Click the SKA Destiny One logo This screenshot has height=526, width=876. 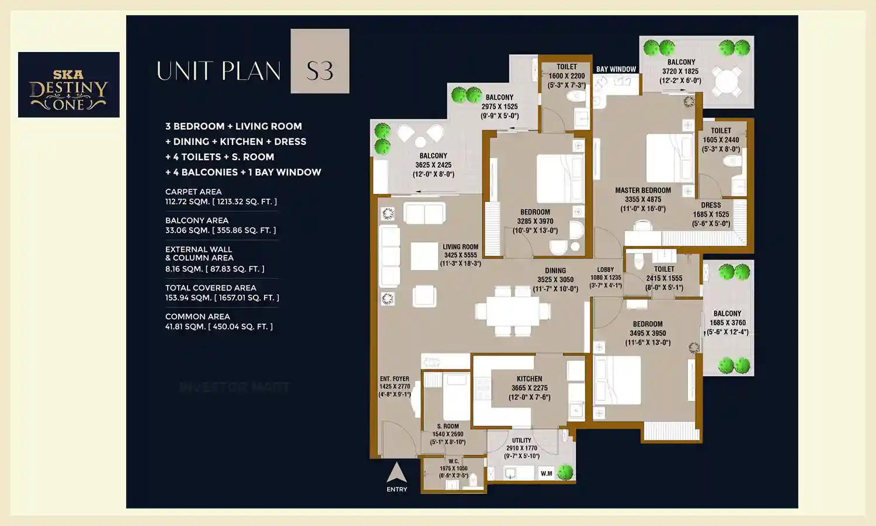[69, 85]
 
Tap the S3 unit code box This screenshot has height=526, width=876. [320, 61]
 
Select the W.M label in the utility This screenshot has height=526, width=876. [547, 473]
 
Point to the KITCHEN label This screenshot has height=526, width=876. [529, 379]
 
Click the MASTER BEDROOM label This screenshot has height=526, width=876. [642, 191]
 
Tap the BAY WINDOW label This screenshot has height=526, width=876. [616, 69]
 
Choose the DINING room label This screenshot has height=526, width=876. [555, 271]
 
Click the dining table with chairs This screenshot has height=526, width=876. [513, 311]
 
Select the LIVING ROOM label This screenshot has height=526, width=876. [460, 247]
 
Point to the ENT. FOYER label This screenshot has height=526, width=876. [394, 379]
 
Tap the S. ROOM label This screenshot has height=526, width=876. [448, 427]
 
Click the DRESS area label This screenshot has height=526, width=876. [711, 205]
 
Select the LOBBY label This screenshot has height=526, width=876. [606, 270]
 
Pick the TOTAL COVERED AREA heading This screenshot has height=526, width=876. [211, 288]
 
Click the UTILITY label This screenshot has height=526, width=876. [522, 441]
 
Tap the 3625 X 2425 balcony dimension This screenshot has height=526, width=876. [433, 165]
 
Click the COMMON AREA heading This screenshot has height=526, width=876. [197, 316]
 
